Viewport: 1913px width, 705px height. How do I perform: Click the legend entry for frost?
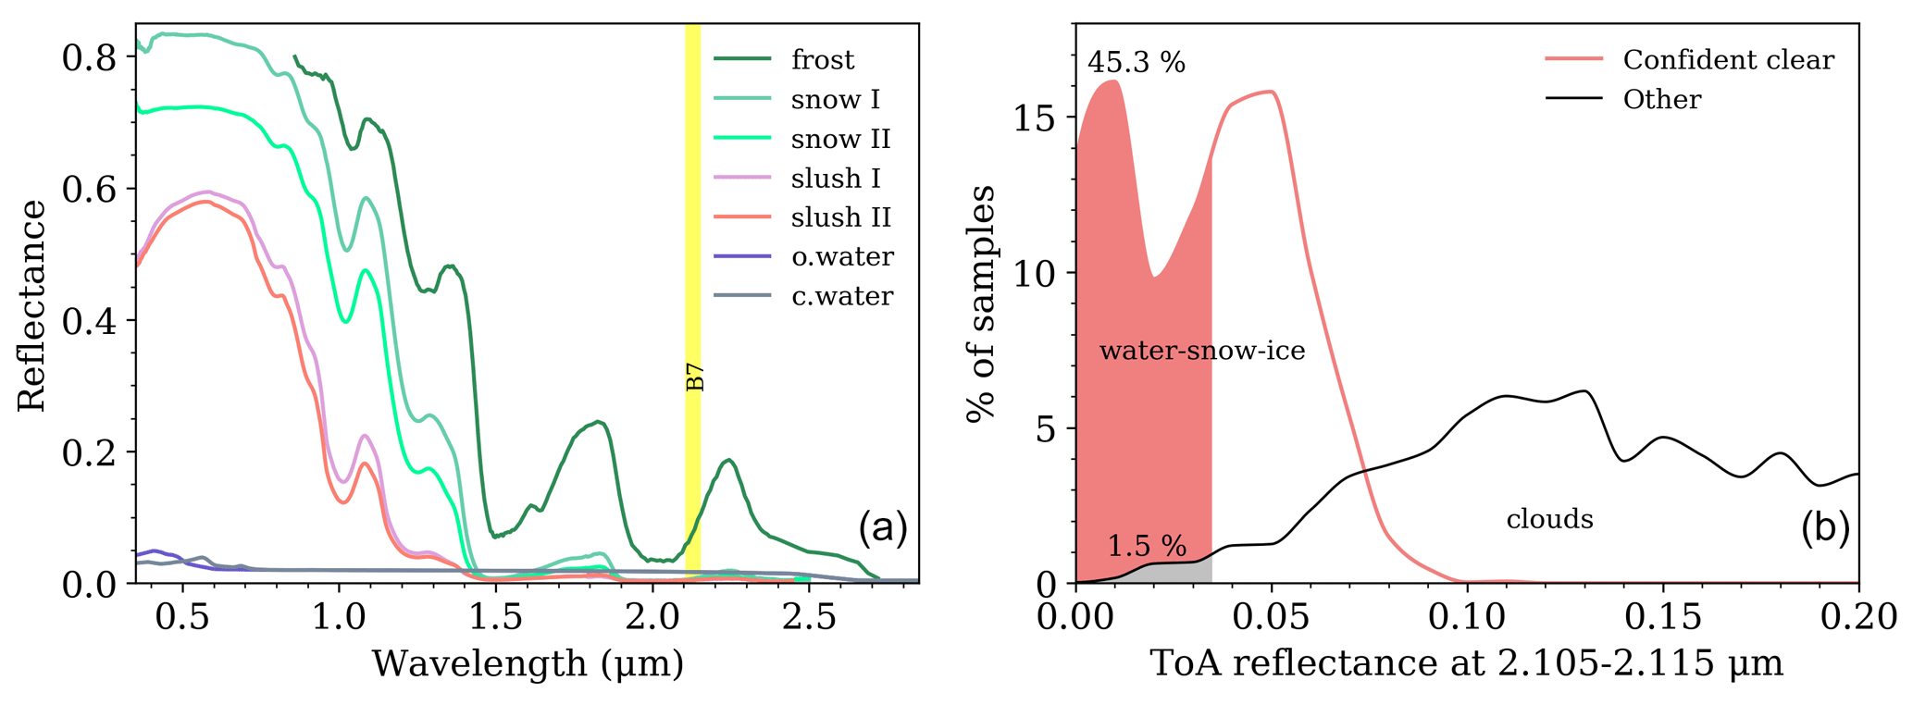click(x=822, y=60)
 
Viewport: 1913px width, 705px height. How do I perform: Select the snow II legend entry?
click(x=840, y=139)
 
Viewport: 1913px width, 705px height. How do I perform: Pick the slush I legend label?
click(x=836, y=178)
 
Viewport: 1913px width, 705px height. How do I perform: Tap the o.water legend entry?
click(x=842, y=256)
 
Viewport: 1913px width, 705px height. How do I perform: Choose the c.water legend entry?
click(x=842, y=296)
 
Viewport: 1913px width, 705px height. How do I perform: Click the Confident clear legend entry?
click(x=1728, y=60)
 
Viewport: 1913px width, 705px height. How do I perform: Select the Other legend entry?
click(x=1661, y=99)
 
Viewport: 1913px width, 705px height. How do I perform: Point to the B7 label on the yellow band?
click(x=695, y=377)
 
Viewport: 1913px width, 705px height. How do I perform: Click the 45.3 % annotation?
click(x=1136, y=62)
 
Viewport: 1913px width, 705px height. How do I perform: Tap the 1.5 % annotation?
click(x=1147, y=546)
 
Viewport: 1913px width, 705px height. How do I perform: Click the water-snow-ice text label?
click(x=1202, y=351)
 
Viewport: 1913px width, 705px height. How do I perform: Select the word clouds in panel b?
click(x=1549, y=519)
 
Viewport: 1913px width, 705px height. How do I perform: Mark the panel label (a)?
click(x=882, y=528)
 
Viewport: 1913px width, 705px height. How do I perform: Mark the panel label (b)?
click(x=1824, y=528)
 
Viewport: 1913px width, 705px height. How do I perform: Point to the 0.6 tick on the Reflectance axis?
click(x=89, y=190)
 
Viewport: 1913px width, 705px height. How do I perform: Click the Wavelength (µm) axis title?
click(x=528, y=663)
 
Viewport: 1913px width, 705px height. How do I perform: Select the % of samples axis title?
click(x=981, y=303)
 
